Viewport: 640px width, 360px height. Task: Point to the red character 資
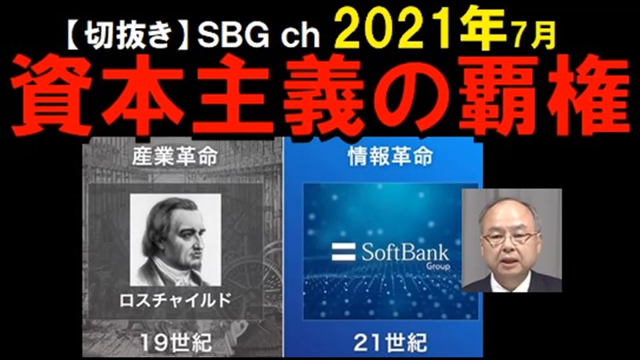(52, 95)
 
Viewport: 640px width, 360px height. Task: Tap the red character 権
(589, 95)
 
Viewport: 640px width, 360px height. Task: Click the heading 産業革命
(175, 156)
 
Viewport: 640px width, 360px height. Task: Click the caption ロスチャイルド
(175, 301)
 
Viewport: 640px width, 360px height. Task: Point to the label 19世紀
(176, 342)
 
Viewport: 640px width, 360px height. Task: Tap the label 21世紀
(390, 342)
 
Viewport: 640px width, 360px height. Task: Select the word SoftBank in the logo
(405, 252)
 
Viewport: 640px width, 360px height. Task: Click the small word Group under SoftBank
(437, 267)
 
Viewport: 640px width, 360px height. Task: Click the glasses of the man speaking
(510, 237)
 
